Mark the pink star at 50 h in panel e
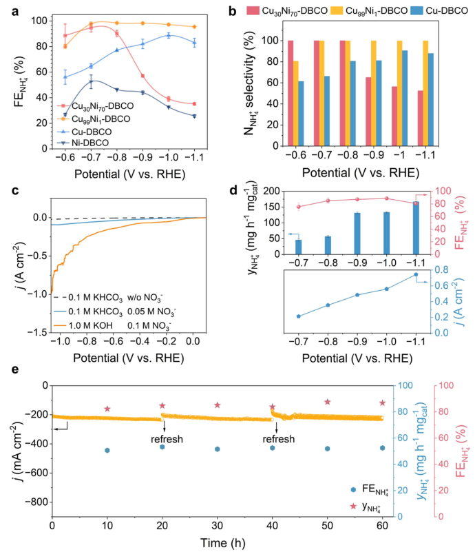coord(328,402)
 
